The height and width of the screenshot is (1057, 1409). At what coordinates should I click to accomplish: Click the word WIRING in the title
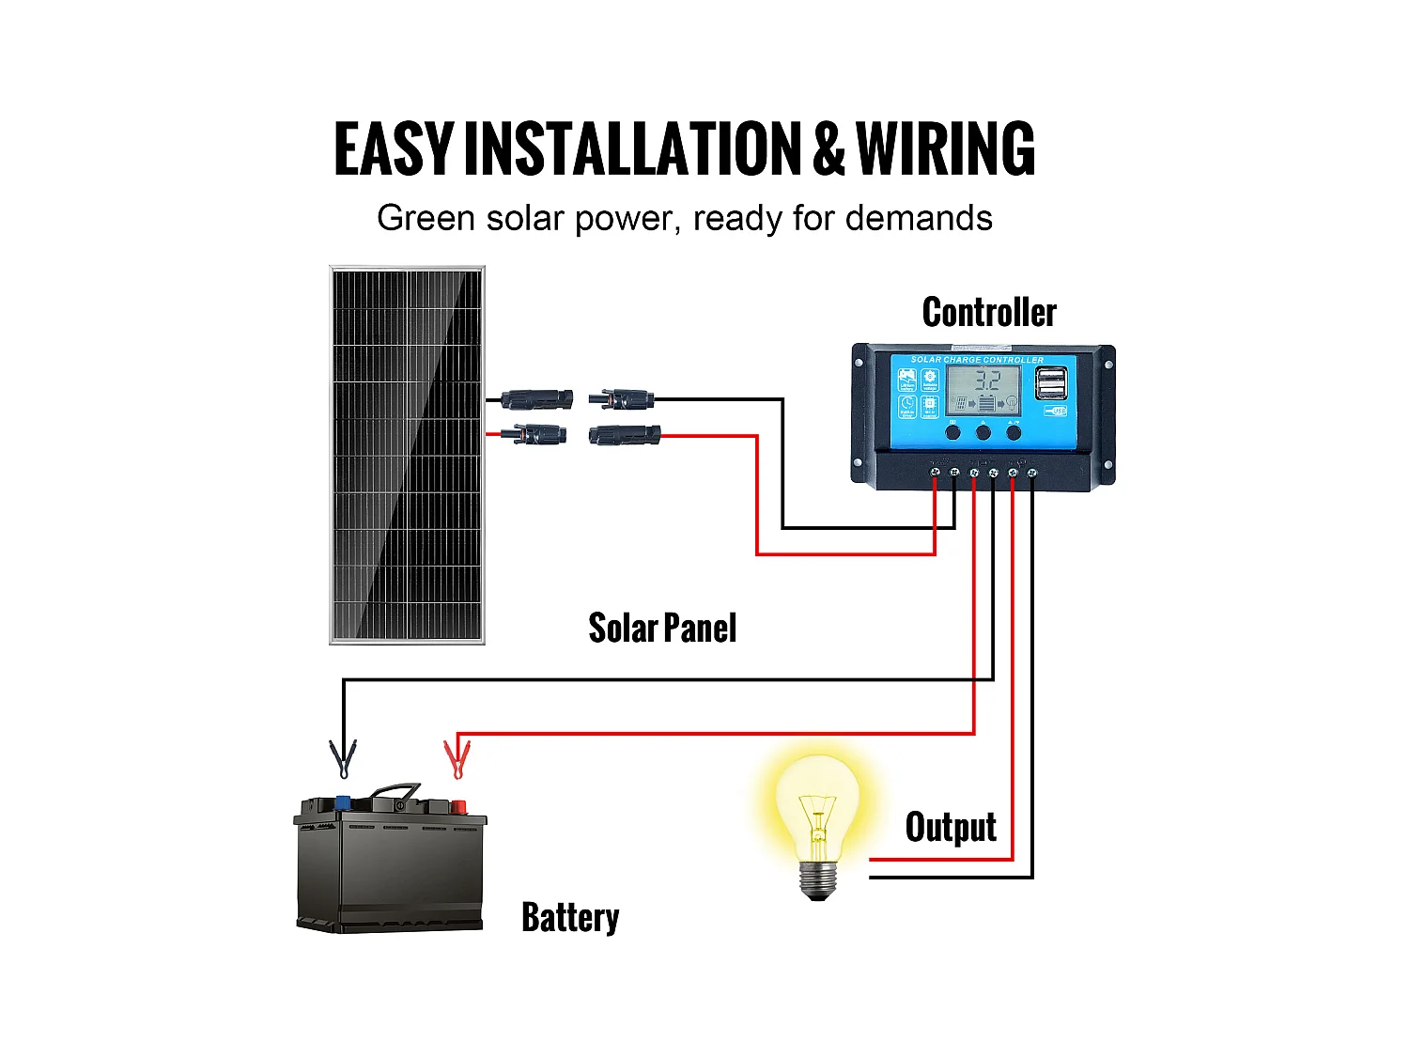pyautogui.click(x=945, y=149)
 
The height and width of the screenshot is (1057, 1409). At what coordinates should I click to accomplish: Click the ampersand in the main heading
pyautogui.click(x=828, y=149)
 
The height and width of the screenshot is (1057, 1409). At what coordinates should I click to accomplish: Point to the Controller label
pyautogui.click(x=989, y=313)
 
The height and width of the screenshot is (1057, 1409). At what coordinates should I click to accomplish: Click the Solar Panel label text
pyautogui.click(x=662, y=629)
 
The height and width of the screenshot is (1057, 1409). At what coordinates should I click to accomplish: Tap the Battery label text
pyautogui.click(x=570, y=917)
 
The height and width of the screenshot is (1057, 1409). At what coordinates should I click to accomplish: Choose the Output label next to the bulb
pyautogui.click(x=951, y=828)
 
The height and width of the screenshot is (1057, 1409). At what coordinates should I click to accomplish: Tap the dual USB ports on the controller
pyautogui.click(x=1051, y=382)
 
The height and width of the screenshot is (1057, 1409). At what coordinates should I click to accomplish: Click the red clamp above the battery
pyautogui.click(x=457, y=759)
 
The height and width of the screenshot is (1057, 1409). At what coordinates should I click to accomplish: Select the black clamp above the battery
pyautogui.click(x=343, y=759)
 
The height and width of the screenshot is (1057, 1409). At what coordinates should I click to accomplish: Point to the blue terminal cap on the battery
pyautogui.click(x=343, y=803)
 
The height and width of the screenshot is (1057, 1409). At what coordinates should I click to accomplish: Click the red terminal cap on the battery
pyautogui.click(x=458, y=806)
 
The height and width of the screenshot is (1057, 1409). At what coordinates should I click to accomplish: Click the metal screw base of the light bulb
pyautogui.click(x=817, y=879)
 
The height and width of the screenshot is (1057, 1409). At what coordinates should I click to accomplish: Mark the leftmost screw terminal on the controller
pyautogui.click(x=935, y=472)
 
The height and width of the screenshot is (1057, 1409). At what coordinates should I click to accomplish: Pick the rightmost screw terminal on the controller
pyautogui.click(x=1032, y=472)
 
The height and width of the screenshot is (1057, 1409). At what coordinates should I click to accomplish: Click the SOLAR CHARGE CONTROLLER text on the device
pyautogui.click(x=977, y=360)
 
